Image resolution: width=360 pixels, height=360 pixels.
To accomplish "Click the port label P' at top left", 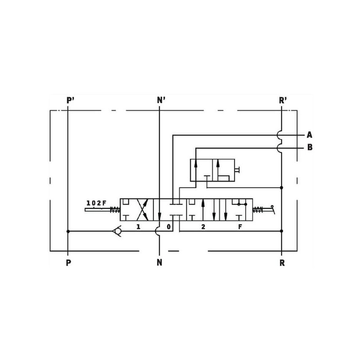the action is click(70, 100).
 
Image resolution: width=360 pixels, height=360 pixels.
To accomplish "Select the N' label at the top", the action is click(161, 100).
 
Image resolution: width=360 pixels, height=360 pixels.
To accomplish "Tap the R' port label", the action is click(283, 100).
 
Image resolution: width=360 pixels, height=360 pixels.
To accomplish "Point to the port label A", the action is click(310, 135).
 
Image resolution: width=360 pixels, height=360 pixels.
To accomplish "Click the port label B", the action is click(310, 147).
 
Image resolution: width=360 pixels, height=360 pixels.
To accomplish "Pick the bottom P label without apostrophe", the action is click(68, 263).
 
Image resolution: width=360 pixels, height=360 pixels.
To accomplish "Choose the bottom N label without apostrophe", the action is click(159, 263).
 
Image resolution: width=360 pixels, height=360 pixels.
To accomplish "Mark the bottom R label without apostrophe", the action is click(282, 263).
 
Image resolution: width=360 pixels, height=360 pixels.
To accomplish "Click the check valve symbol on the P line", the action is click(117, 231).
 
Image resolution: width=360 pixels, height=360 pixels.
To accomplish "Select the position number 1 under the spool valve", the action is click(138, 227).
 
